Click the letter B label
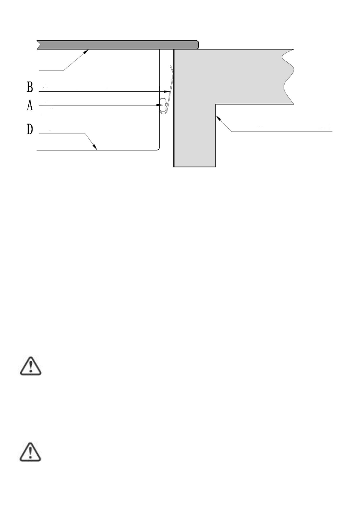pos(30,88)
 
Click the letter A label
pos(30,105)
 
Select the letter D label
pos(30,130)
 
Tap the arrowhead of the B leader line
pos(169,91)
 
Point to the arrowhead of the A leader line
pos(160,105)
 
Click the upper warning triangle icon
pos(30,366)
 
